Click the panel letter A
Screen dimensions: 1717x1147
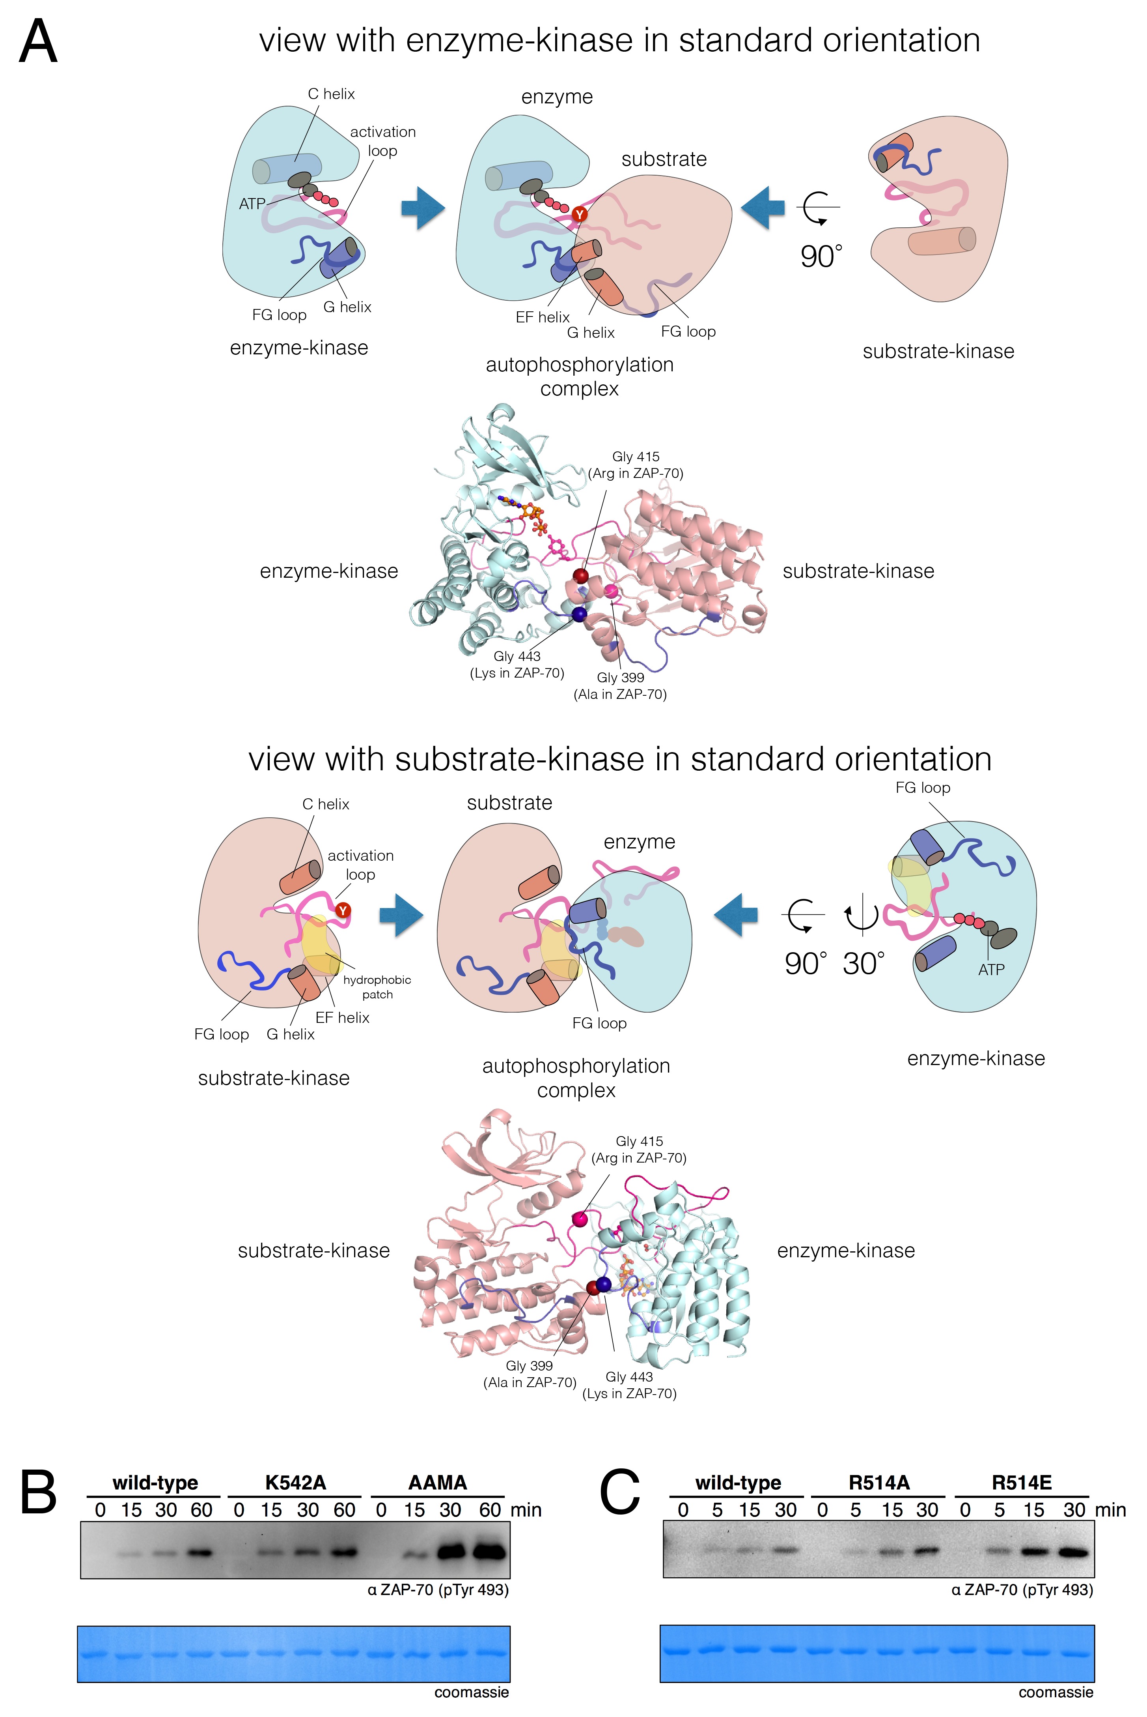(38, 43)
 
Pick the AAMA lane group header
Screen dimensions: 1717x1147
(437, 1483)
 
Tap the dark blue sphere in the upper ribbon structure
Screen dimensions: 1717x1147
(579, 614)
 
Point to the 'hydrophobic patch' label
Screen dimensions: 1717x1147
(377, 987)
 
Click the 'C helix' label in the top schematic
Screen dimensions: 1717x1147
(331, 94)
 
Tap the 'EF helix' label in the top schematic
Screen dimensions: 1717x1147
(542, 317)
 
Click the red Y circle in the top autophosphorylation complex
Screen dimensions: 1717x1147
(579, 214)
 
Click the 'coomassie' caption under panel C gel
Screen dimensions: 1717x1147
(1056, 1692)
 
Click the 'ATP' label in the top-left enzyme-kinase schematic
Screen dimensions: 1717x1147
(252, 204)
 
